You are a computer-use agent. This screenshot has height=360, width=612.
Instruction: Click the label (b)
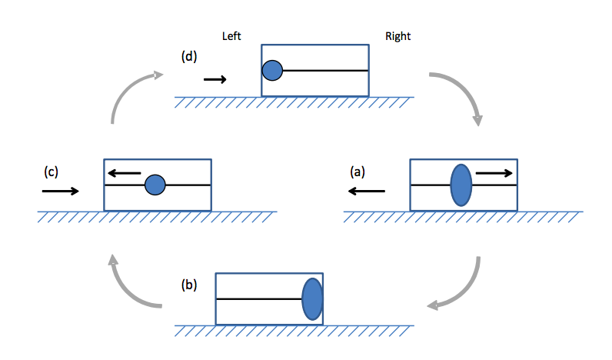188,285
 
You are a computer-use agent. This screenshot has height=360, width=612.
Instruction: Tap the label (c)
52,172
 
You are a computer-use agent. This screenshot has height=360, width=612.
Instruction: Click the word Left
232,36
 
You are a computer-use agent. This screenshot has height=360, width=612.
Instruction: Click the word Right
397,36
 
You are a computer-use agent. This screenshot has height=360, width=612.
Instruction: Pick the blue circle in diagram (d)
272,72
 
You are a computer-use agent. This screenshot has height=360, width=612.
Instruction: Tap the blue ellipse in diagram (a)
461,185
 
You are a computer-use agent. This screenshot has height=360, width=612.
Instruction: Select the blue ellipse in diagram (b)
312,299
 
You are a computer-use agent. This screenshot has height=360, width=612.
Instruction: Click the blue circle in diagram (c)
155,185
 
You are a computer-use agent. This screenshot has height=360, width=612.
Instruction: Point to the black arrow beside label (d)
215,78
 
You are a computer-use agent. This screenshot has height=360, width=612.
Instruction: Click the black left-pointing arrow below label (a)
365,191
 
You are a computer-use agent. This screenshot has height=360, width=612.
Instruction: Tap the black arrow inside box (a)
494,173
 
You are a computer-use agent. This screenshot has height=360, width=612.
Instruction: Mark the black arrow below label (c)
61,191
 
